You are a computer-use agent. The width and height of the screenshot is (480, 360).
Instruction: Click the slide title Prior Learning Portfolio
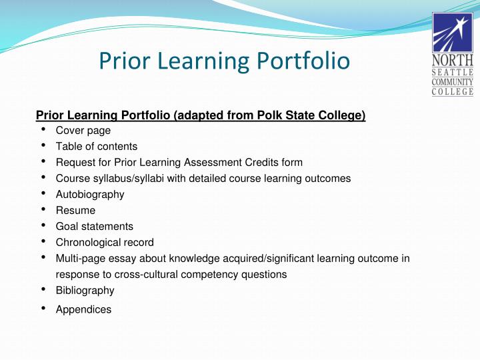coord(224,61)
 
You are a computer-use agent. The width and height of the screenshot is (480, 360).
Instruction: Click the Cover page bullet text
coord(83,131)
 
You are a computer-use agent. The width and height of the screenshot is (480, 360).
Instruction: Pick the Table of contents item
coord(97,147)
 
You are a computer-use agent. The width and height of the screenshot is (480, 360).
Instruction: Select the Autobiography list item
coord(90,195)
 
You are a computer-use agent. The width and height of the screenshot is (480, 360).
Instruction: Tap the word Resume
coord(75,211)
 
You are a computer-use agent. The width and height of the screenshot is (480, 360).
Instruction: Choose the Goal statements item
coord(95,227)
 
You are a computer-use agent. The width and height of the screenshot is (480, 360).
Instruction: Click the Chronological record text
coord(105,243)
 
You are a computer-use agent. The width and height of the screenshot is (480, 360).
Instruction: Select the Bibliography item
coord(85,291)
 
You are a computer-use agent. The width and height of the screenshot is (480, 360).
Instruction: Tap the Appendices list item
coord(84,309)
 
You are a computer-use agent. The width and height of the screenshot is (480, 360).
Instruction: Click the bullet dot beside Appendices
coord(43,308)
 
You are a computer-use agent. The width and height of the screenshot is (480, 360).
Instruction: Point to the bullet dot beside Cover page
coord(43,129)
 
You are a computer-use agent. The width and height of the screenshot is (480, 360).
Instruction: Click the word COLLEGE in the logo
coord(453,92)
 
